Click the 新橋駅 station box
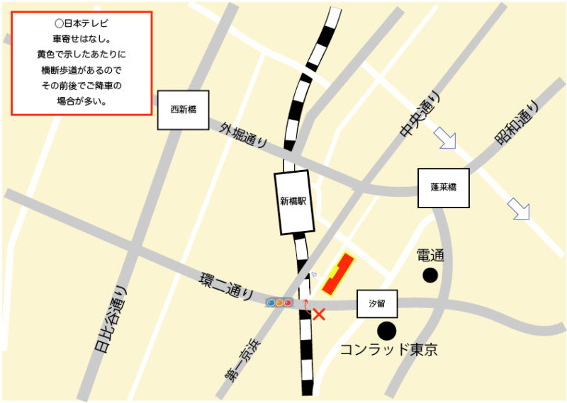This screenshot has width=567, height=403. pyautogui.click(x=294, y=202)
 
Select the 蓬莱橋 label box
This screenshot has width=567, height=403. pyautogui.click(x=443, y=188)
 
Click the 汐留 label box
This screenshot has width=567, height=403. pyautogui.click(x=376, y=304)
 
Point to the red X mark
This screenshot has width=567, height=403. pyautogui.click(x=319, y=314)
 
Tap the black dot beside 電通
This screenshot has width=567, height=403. pyautogui.click(x=430, y=276)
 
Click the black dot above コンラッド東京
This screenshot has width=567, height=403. pyautogui.click(x=386, y=330)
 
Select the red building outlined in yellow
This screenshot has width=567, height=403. pyautogui.click(x=338, y=275)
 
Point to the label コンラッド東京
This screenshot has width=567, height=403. pyautogui.click(x=388, y=349)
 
